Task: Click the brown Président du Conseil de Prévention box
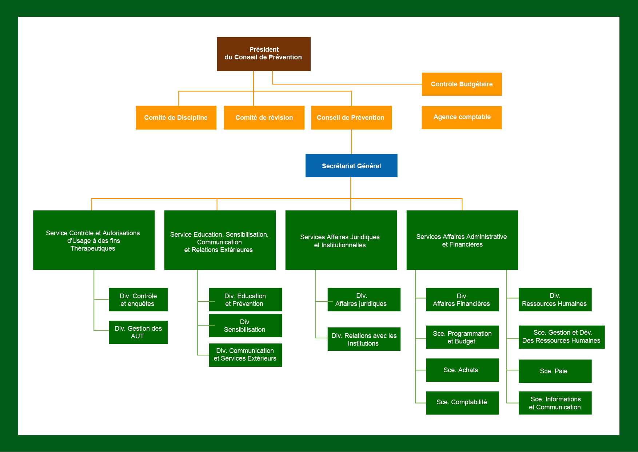point(263,54)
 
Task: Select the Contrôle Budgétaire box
point(462,84)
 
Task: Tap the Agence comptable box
point(462,117)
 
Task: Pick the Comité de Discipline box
point(176,118)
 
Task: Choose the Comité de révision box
point(264,118)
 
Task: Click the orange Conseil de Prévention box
point(351,118)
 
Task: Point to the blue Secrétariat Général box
point(351,166)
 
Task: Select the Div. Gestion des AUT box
point(138,332)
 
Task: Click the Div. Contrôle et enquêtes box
point(138,300)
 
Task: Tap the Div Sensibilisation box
point(245,326)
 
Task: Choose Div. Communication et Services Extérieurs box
point(245,355)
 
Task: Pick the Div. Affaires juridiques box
point(364,300)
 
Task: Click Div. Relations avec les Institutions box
point(364,339)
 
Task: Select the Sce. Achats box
point(462,370)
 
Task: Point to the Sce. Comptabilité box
point(462,402)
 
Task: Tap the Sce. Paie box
point(555,371)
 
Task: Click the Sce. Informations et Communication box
point(555,403)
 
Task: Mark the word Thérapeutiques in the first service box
point(93,248)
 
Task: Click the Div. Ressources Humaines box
point(555,300)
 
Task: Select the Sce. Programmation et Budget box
point(462,337)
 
